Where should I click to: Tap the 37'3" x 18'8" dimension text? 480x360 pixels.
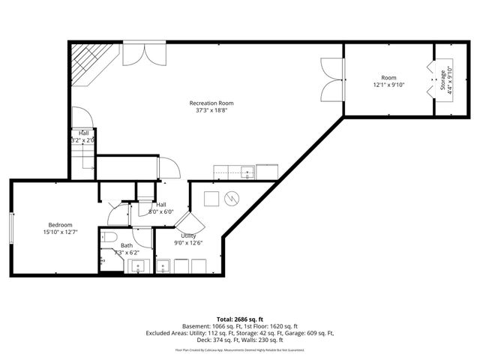coord(211,110)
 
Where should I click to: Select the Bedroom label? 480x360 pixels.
coord(60,225)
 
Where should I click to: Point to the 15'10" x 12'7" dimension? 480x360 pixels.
coord(60,232)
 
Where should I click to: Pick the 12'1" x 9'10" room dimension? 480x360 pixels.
coord(388,85)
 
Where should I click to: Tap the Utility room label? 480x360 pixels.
coord(188,235)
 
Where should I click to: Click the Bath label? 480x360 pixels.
coord(126,244)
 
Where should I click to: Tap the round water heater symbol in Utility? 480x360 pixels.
coord(232,198)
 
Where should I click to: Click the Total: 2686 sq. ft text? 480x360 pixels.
coord(240,319)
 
